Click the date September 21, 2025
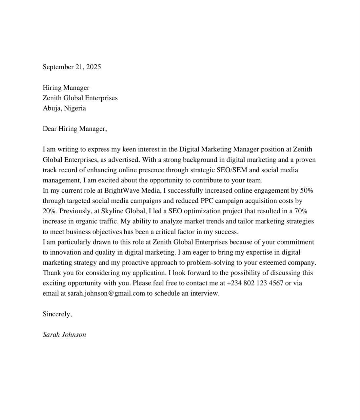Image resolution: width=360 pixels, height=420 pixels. (71, 67)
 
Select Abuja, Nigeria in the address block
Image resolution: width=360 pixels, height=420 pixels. (64, 108)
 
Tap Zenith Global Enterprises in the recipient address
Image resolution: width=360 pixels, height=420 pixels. (80, 98)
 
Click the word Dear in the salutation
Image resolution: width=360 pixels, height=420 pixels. (50, 129)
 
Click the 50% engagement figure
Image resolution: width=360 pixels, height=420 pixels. (307, 191)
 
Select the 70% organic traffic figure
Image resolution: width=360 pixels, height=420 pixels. (301, 211)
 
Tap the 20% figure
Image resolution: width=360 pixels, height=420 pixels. (49, 211)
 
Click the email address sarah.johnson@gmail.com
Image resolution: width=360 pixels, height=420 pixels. (106, 293)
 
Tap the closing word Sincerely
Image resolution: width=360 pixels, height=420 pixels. (57, 314)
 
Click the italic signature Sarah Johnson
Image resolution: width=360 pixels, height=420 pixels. (64, 335)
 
